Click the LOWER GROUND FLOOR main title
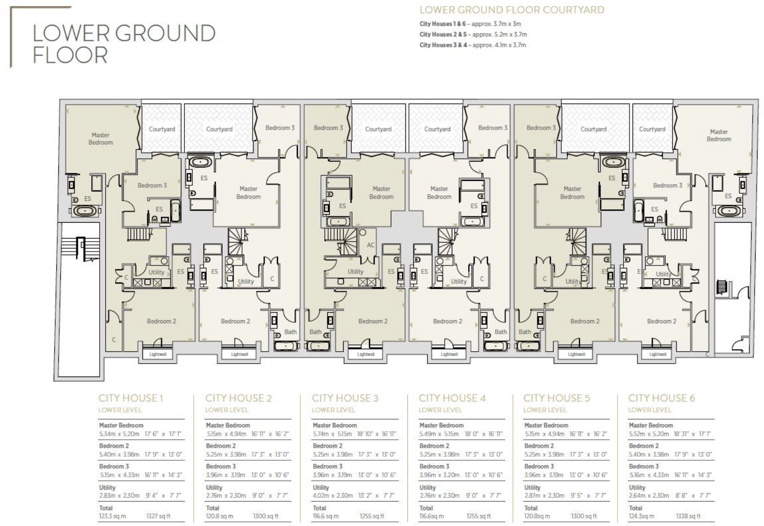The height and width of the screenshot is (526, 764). point(124,44)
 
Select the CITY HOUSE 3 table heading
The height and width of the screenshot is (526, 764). point(345,398)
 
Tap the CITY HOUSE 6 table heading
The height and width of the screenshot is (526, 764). point(661,398)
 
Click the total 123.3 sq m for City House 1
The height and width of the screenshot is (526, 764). point(113,516)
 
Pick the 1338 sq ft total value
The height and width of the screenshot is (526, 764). point(688,516)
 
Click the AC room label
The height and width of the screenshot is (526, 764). point(371,245)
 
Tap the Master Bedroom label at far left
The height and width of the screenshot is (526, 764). point(101,138)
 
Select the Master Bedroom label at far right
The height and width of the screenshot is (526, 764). point(718,135)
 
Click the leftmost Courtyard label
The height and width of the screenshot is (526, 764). point(162,129)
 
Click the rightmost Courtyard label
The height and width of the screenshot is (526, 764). point(652,129)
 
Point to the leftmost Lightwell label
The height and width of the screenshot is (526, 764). point(157,354)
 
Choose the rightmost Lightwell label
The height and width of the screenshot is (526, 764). point(657,354)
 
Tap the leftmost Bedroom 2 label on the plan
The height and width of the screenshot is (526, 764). point(161,321)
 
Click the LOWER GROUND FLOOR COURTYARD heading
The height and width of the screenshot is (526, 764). point(511,10)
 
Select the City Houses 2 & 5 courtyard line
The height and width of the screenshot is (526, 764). point(473,34)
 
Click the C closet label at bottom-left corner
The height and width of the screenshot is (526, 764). point(114,340)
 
